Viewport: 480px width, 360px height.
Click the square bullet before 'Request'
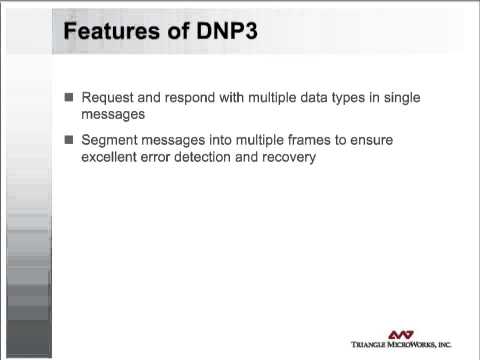click(69, 98)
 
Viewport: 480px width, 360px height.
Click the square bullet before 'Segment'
click(69, 140)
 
